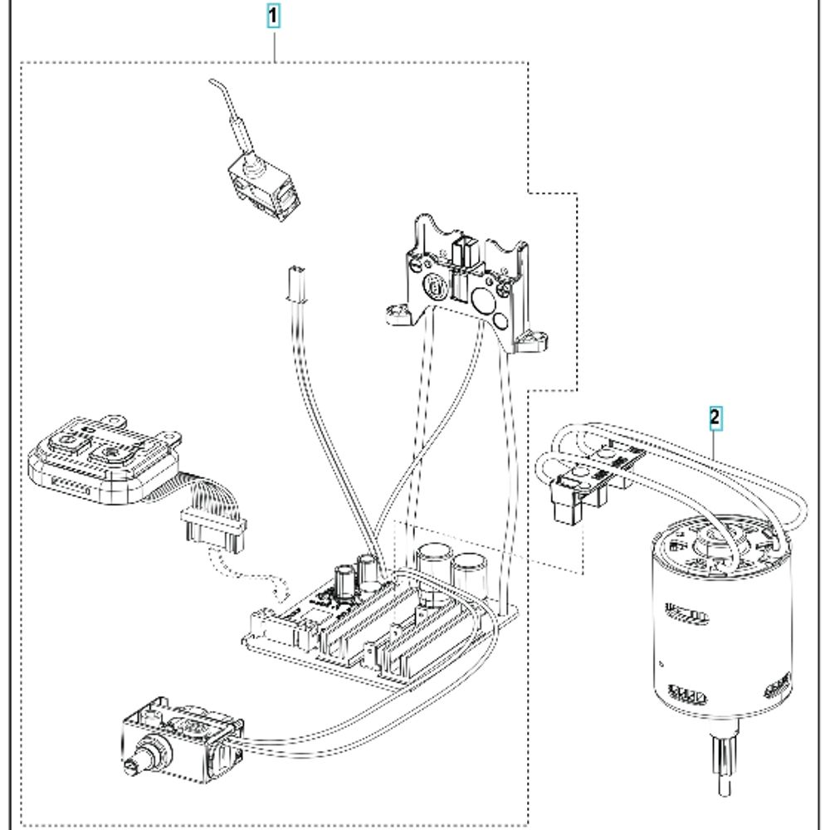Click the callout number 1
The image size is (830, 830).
(x=273, y=15)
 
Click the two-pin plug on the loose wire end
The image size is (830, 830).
(x=292, y=282)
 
